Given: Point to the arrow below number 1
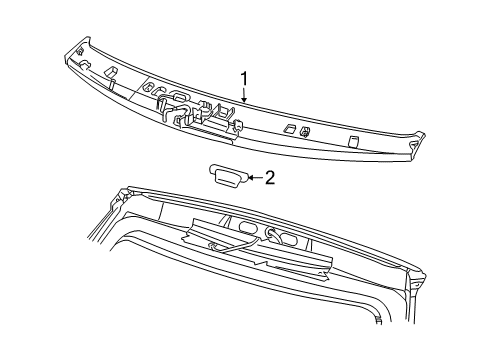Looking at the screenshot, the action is (242, 97).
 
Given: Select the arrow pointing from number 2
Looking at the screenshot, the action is (252, 178).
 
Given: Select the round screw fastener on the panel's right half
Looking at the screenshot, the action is (304, 131).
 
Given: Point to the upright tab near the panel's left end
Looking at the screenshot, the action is (112, 71).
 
